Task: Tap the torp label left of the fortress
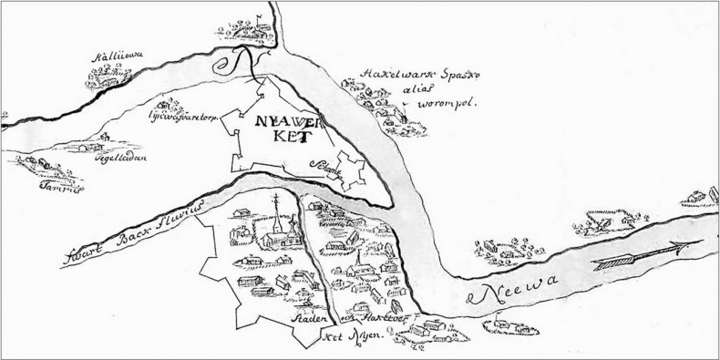[x=180, y=118]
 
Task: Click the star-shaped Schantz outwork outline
[x=349, y=171]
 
